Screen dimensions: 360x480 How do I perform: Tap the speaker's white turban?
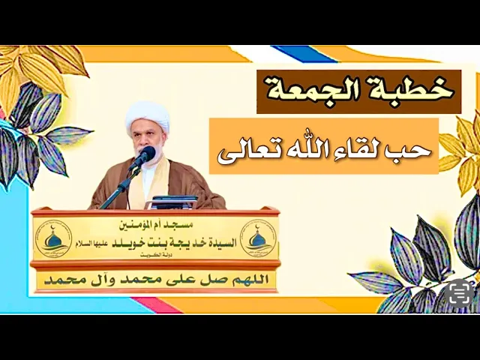coord(147,115)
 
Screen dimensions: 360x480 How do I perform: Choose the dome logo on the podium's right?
coord(257,235)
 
